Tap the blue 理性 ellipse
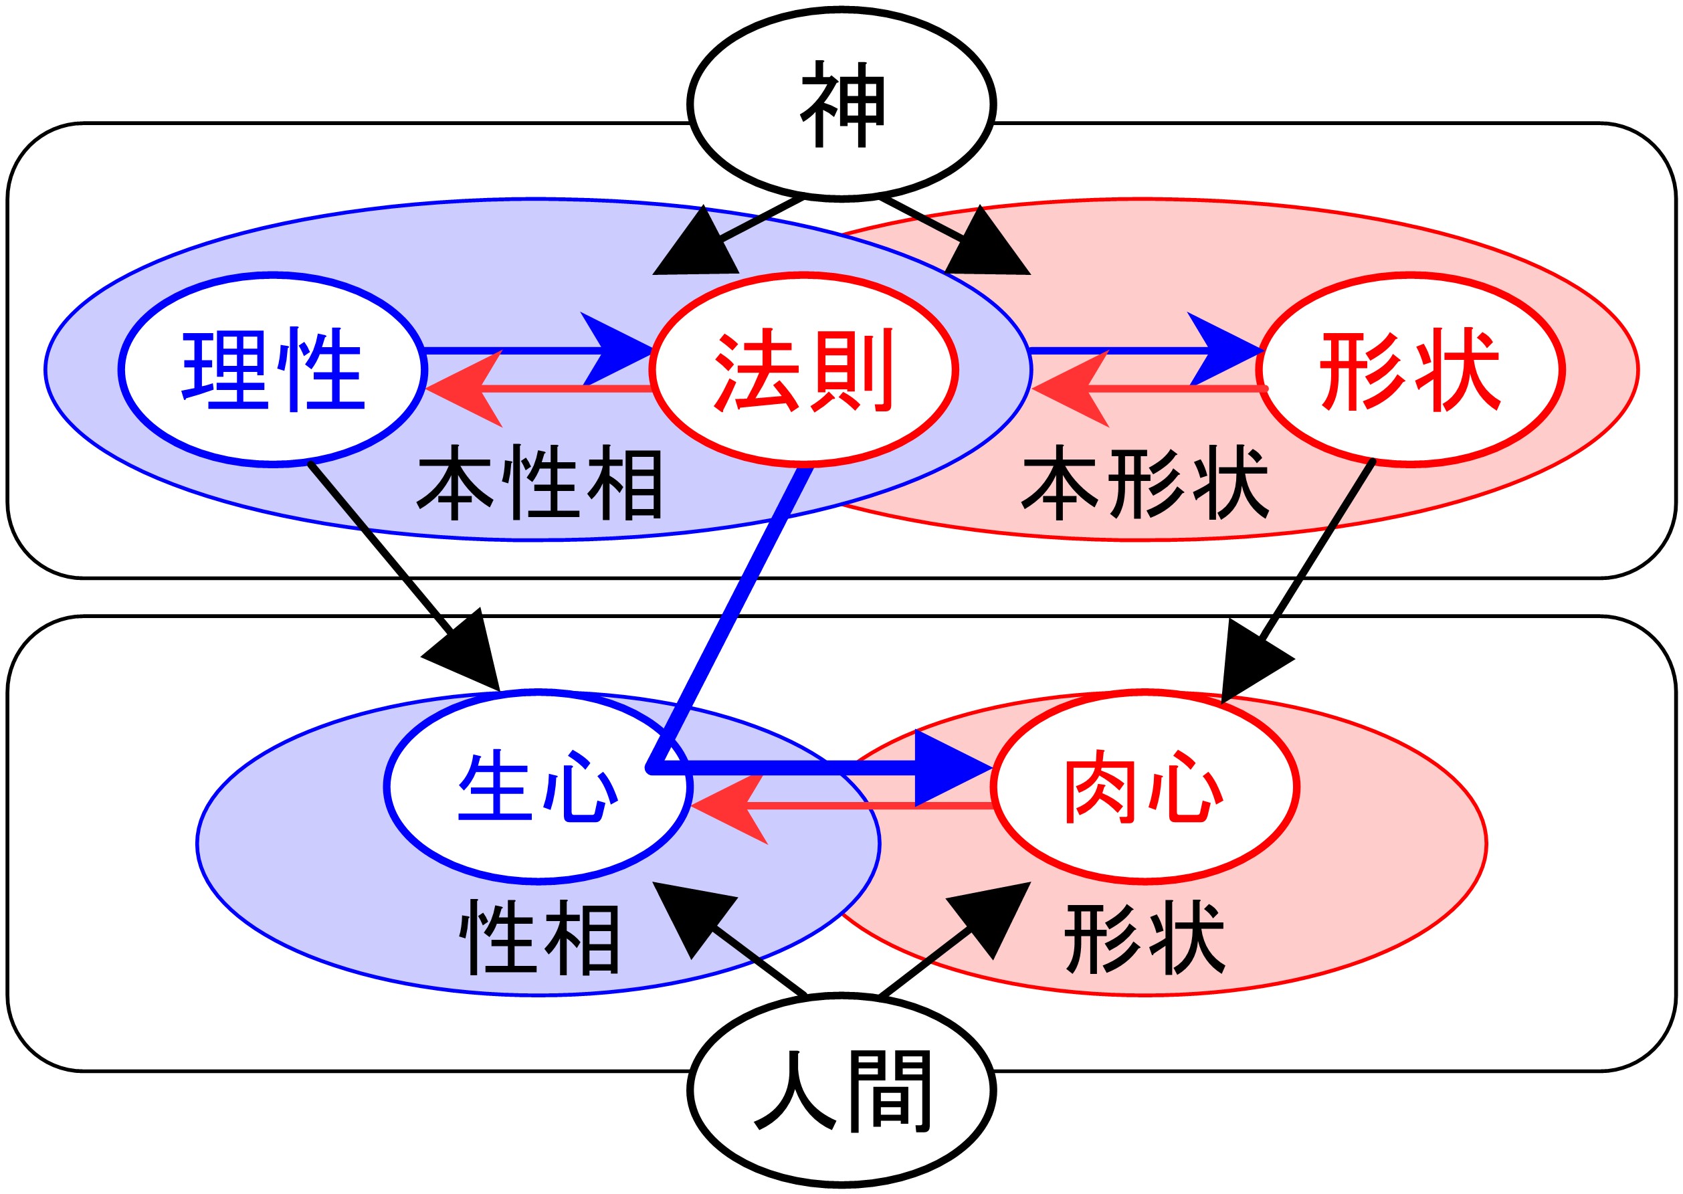(x=272, y=369)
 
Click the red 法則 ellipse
(x=803, y=369)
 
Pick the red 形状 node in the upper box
(x=1409, y=369)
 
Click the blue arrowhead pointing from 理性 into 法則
(x=617, y=350)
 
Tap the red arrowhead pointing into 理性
(x=465, y=388)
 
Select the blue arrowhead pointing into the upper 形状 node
(x=1224, y=350)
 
